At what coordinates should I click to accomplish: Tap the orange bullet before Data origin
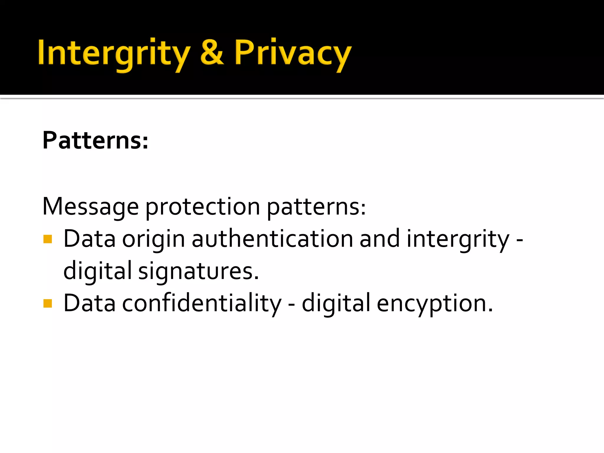point(47,239)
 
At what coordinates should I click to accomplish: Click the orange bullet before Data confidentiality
point(47,303)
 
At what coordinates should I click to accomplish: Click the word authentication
point(272,239)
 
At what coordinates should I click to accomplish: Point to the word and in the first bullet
point(380,239)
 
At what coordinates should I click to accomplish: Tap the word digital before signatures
point(97,271)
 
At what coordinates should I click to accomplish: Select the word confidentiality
point(202,303)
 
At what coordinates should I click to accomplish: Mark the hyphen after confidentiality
point(291,304)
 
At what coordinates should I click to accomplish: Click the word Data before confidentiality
point(89,303)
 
